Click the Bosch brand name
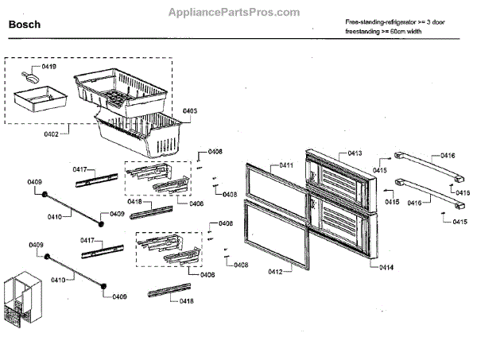pyautogui.click(x=25, y=25)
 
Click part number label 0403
pyautogui.click(x=190, y=110)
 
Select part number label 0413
pyautogui.click(x=355, y=152)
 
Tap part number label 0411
pyautogui.click(x=285, y=166)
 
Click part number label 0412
pyautogui.click(x=274, y=272)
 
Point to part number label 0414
pyautogui.click(x=386, y=267)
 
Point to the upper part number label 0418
pyautogui.click(x=134, y=202)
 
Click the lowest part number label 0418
pyautogui.click(x=186, y=300)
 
